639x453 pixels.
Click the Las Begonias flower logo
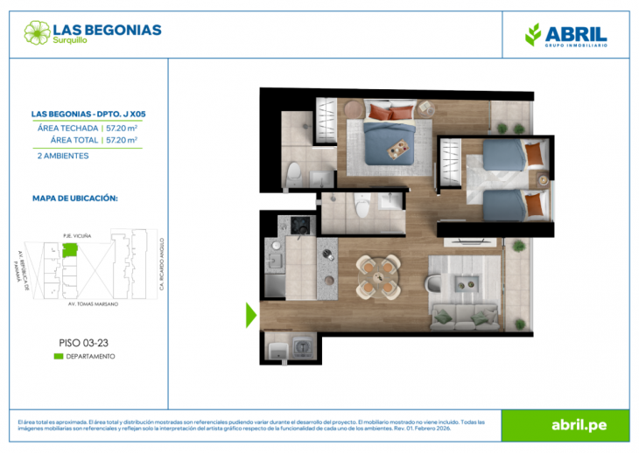click(x=38, y=33)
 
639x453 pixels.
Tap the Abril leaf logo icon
click(x=532, y=34)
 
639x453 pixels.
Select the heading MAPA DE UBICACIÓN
click(x=74, y=199)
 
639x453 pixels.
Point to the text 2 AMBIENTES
click(x=62, y=156)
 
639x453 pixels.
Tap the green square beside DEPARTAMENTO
click(x=58, y=356)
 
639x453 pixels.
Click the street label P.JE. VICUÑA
click(x=77, y=234)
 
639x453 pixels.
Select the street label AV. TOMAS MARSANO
click(x=92, y=303)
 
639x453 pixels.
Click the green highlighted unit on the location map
click(x=69, y=251)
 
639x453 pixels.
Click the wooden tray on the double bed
click(x=400, y=150)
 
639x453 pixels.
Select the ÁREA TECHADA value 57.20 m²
click(x=122, y=128)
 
